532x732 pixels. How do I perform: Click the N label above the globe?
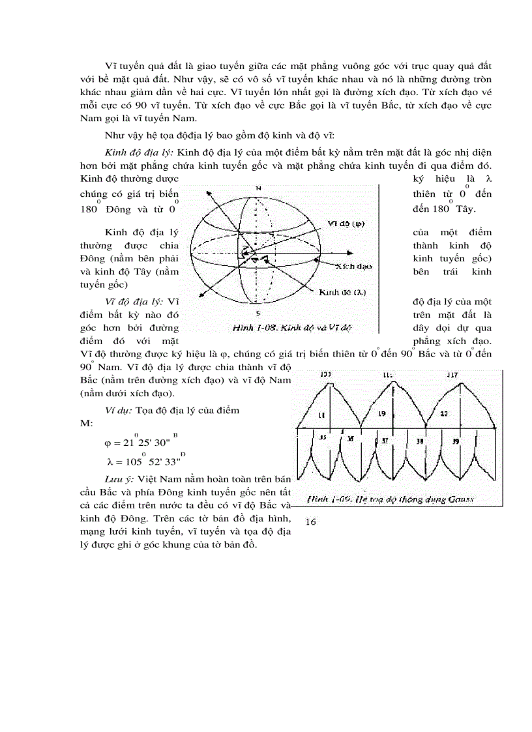(x=258, y=188)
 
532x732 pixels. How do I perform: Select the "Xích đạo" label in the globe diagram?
(x=353, y=267)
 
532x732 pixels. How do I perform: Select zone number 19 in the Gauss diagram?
(x=383, y=413)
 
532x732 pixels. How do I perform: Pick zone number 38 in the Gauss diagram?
(x=419, y=440)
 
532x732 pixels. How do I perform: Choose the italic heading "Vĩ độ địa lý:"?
(x=135, y=302)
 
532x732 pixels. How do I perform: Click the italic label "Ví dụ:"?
(x=119, y=410)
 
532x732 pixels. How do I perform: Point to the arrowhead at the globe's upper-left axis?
(x=208, y=194)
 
